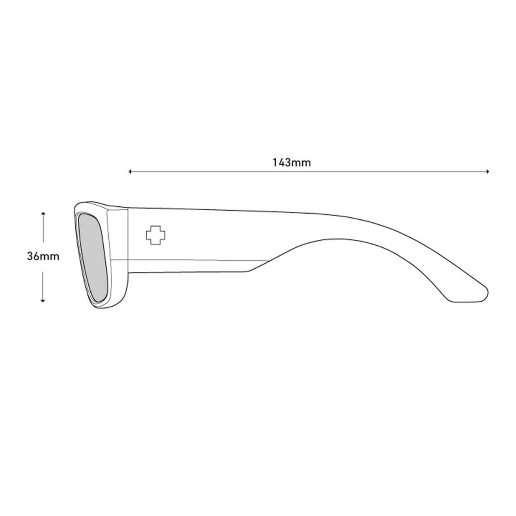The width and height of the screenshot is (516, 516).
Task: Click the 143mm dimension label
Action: [x=292, y=163]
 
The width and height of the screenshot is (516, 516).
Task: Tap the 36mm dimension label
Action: [x=43, y=257]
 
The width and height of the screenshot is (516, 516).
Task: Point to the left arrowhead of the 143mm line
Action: [x=130, y=172]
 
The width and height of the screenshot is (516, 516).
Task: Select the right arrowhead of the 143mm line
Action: [x=488, y=172]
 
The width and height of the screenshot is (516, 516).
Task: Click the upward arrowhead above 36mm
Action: [x=43, y=213]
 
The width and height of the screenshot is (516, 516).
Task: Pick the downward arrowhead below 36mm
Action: [x=43, y=301]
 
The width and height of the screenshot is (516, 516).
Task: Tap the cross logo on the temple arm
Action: [x=156, y=235]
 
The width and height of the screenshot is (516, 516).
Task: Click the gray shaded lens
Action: [x=93, y=258]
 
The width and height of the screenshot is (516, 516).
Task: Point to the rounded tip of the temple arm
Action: [x=486, y=293]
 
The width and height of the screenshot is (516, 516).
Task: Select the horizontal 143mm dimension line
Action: [x=309, y=172]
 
